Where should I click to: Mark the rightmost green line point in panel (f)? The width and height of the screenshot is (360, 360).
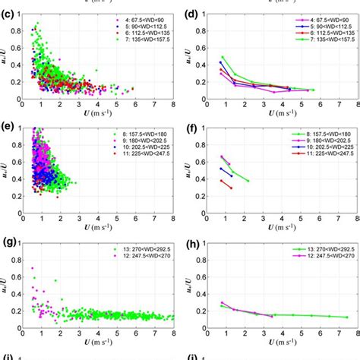[x=248, y=181]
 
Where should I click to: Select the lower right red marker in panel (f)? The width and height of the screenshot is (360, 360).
[x=231, y=187]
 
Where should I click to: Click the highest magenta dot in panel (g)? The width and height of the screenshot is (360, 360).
[x=32, y=268]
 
